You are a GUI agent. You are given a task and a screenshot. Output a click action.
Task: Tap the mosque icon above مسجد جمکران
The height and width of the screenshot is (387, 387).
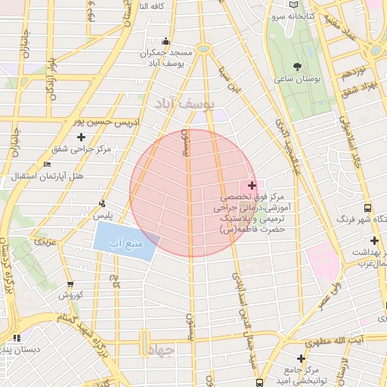tap(166, 41)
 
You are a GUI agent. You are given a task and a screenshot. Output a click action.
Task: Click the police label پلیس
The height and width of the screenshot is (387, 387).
tap(103, 215)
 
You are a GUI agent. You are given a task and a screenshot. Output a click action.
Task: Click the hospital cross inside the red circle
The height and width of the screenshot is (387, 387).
tap(252, 184)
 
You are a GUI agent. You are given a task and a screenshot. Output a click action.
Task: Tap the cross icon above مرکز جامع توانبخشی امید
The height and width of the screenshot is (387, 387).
tap(302, 358)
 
